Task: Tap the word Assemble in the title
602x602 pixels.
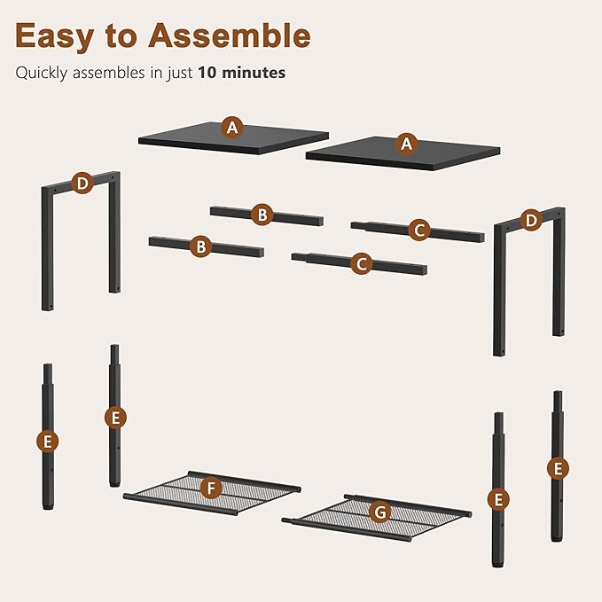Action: [230, 35]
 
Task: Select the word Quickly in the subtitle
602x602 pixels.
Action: [42, 73]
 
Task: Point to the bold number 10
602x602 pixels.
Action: [207, 73]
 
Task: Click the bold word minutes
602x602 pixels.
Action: [254, 73]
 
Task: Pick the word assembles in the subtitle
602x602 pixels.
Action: [109, 73]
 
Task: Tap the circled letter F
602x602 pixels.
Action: [211, 488]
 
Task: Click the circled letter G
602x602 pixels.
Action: [380, 512]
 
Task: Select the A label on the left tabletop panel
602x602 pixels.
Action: [232, 127]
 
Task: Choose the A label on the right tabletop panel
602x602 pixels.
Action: [407, 144]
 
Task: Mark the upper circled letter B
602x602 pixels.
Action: [262, 215]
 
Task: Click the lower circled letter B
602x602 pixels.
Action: [200, 246]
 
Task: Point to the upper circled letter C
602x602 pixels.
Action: [419, 230]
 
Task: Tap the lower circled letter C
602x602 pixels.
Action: [361, 263]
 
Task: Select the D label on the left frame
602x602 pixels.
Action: [82, 184]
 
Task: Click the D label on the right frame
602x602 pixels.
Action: [531, 221]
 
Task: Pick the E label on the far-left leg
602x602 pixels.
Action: [48, 442]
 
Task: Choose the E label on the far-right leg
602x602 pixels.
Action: [558, 468]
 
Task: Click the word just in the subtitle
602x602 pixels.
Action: [180, 74]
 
